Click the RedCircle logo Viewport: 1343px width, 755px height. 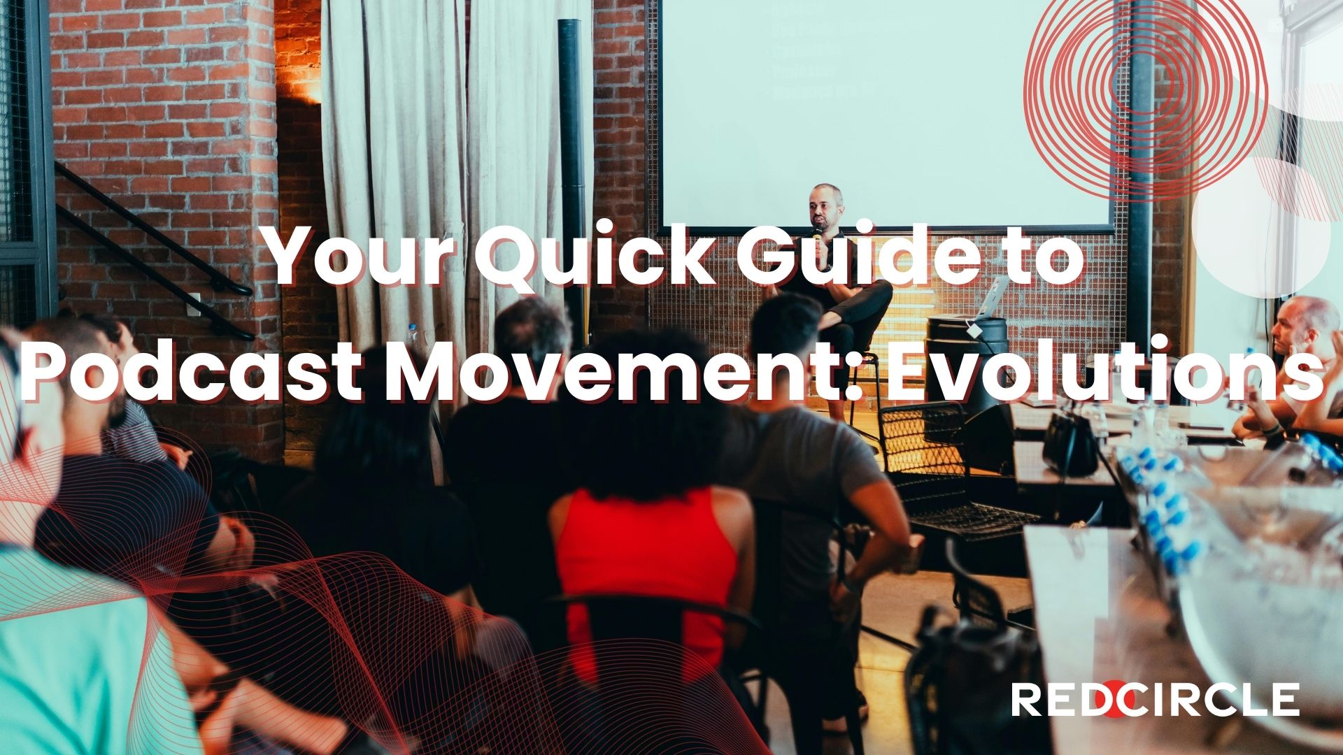pos(1156,700)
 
